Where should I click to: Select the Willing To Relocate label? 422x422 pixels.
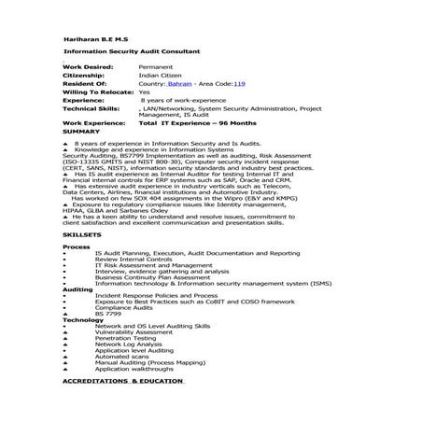click(x=96, y=92)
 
